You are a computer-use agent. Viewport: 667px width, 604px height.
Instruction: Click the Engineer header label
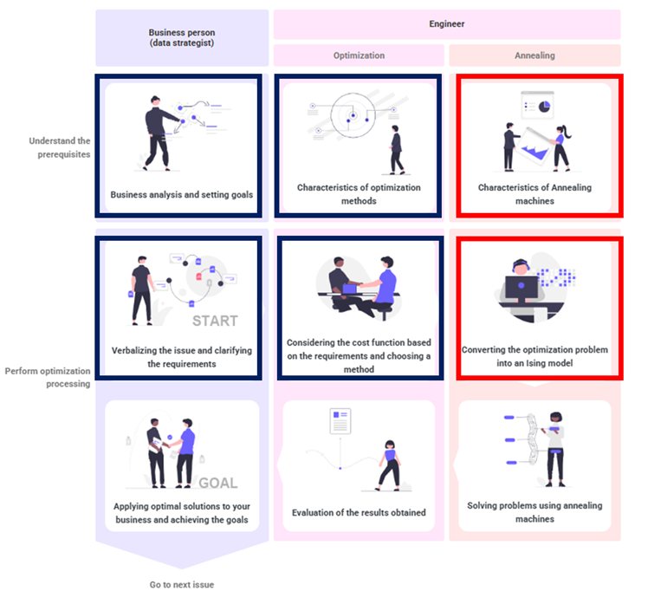(447, 24)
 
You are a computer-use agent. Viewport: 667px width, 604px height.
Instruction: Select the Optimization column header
(359, 55)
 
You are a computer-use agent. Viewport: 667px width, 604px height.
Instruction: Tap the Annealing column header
(534, 55)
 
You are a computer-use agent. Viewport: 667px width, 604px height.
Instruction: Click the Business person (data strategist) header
(182, 37)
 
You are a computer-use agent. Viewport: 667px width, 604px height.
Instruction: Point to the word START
(215, 321)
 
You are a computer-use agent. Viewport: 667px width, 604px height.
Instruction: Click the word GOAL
(218, 484)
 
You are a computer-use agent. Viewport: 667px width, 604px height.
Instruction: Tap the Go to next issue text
(182, 585)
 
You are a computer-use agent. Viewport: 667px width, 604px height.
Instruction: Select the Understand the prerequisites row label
(60, 147)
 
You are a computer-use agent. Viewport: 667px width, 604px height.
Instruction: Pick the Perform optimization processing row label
(48, 377)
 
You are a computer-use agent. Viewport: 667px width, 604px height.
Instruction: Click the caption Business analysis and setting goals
(182, 194)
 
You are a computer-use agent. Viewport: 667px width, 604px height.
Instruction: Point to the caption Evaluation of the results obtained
(359, 512)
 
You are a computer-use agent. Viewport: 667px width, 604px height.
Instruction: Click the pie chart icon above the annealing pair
(545, 106)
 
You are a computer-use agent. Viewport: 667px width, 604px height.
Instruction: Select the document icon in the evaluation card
(340, 421)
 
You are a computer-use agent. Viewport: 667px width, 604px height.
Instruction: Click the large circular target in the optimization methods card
(353, 115)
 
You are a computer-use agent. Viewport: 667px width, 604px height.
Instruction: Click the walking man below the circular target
(397, 150)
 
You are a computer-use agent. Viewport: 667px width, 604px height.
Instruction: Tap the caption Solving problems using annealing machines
(534, 512)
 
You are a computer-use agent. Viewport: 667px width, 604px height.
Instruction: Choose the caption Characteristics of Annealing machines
(534, 194)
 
